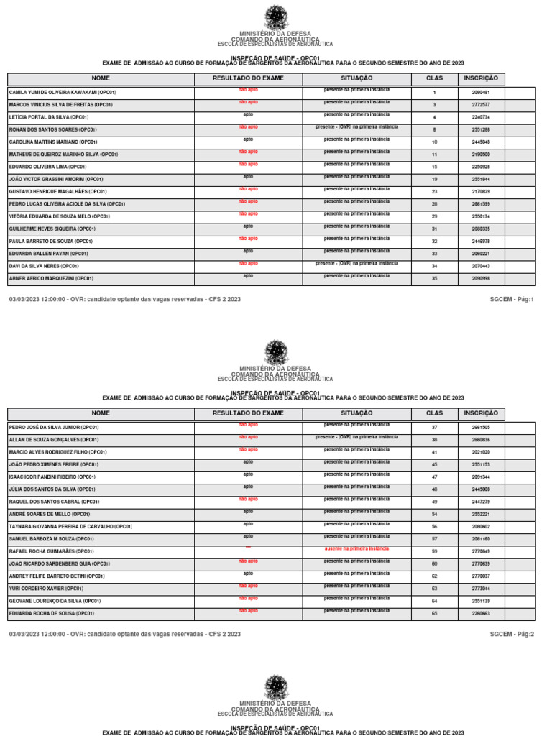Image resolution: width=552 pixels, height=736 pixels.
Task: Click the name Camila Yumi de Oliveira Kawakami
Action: [x=63, y=93]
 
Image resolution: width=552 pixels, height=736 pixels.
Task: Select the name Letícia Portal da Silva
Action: [x=49, y=117]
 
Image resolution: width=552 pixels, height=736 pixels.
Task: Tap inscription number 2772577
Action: [x=481, y=105]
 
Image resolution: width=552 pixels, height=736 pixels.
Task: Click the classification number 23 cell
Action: [x=434, y=192]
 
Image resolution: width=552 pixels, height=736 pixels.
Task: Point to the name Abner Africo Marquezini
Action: [x=52, y=278]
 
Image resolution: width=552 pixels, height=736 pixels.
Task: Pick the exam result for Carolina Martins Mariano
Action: [x=248, y=139]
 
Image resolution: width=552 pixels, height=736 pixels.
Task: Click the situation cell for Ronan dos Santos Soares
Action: [x=356, y=127]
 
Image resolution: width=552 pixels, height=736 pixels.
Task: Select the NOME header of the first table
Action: [x=101, y=78]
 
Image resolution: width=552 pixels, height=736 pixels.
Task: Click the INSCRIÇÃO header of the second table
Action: [x=481, y=413]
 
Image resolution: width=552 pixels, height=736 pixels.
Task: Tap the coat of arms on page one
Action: [x=276, y=17]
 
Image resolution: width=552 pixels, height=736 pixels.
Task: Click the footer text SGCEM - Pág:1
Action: [x=512, y=298]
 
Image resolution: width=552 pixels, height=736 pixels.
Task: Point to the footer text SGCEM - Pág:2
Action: [x=512, y=634]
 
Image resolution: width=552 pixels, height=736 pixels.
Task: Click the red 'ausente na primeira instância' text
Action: [x=356, y=549]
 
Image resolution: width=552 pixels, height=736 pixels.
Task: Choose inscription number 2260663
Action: [x=481, y=614]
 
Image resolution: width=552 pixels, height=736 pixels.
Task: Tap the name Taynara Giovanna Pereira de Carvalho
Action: [x=70, y=527]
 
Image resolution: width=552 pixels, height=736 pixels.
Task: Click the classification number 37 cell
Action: [x=434, y=428]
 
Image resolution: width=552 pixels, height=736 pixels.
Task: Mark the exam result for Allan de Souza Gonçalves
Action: [x=248, y=437]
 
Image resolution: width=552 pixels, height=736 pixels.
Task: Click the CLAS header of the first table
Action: [x=434, y=78]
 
